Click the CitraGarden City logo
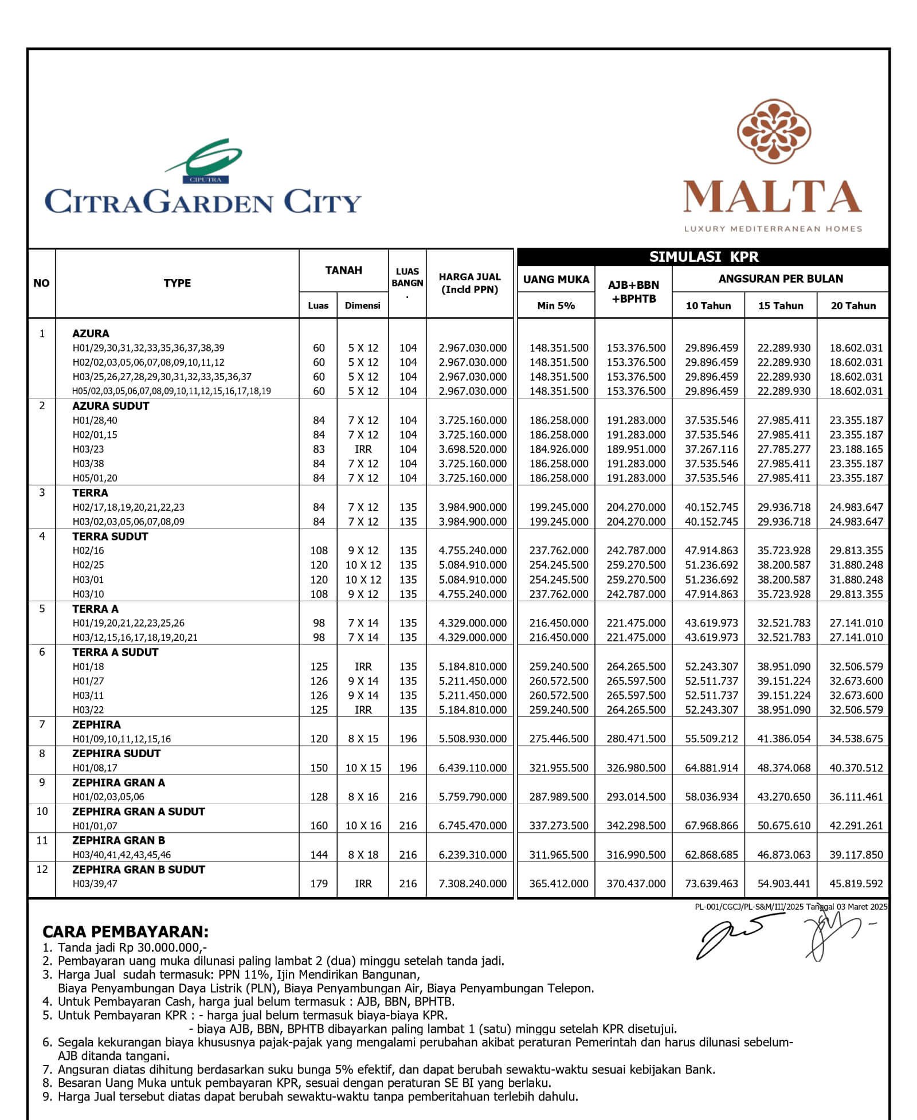pyautogui.click(x=203, y=178)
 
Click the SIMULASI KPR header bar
pyautogui.click(x=703, y=257)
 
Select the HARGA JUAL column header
pyautogui.click(x=469, y=283)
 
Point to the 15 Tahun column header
pyautogui.click(x=781, y=306)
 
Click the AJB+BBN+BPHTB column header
pyautogui.click(x=633, y=292)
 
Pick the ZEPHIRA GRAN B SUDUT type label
pyautogui.click(x=138, y=870)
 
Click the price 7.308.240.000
pyautogui.click(x=473, y=884)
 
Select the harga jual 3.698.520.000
pyautogui.click(x=473, y=449)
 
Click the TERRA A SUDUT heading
pyautogui.click(x=115, y=652)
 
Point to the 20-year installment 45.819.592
pyautogui.click(x=856, y=884)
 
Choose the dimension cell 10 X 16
pyautogui.click(x=363, y=826)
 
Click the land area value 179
pyautogui.click(x=319, y=884)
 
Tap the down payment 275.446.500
pyautogui.click(x=559, y=739)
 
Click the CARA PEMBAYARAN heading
pyautogui.click(x=126, y=931)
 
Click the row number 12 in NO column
pyautogui.click(x=42, y=870)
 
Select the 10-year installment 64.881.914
pyautogui.click(x=711, y=768)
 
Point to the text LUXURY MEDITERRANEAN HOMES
pyautogui.click(x=773, y=229)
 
